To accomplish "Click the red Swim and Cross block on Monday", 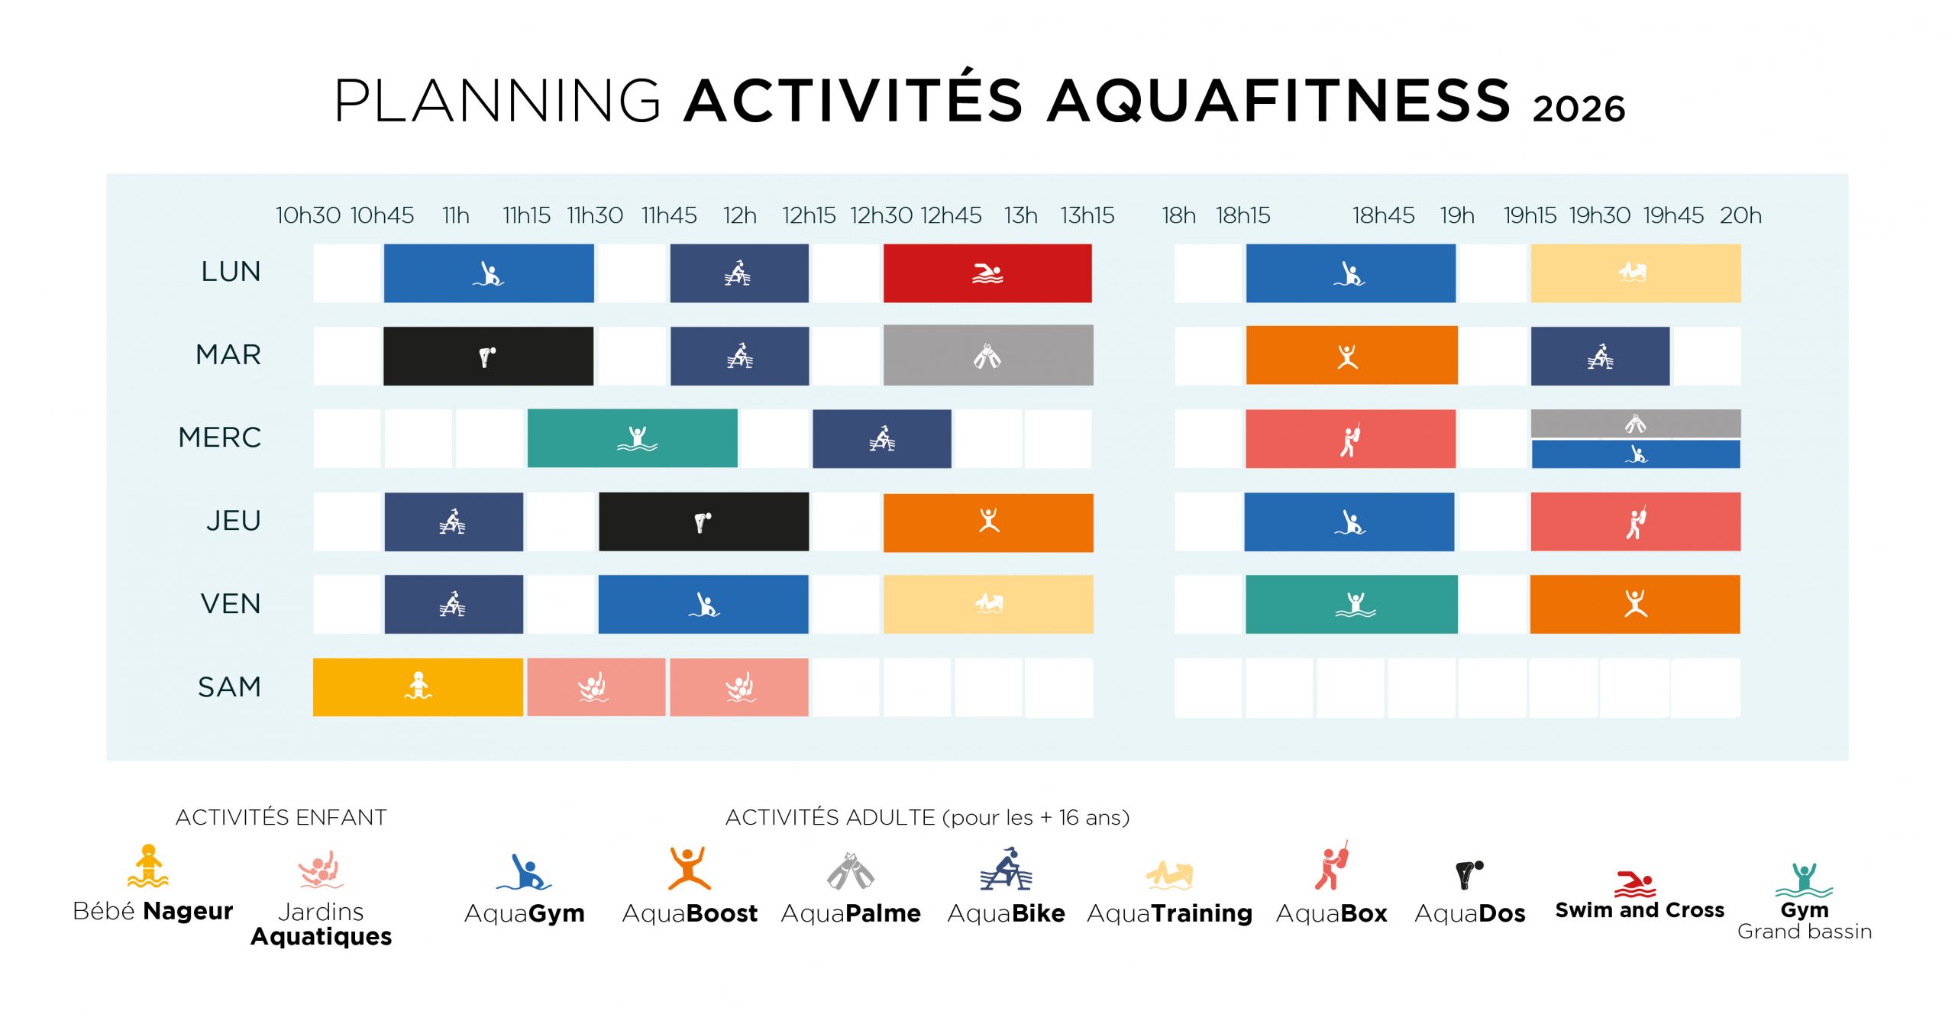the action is pos(987,273).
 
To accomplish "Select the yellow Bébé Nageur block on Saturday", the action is pos(418,687).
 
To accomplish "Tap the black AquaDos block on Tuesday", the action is pos(488,356).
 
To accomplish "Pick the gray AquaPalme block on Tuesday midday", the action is pos(988,355).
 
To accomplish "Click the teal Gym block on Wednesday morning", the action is pos(632,438).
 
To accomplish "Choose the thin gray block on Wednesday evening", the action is pos(1636,423).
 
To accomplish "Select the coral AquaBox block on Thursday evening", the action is pos(1636,522).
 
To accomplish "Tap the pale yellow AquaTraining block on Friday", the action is pos(988,604).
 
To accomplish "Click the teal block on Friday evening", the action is pos(1351,604).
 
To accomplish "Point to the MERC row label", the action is pos(220,438).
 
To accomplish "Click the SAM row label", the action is pos(229,687).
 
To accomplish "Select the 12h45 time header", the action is pos(950,215).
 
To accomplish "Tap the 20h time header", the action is pos(1740,215).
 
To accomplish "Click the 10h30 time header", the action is pos(308,215).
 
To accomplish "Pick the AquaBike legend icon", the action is pos(1006,869).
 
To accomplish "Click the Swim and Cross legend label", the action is pos(1640,910).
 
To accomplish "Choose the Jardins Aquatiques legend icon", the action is pos(321,870).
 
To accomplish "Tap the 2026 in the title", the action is pos(1579,109).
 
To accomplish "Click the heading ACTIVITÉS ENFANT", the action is pos(281,818).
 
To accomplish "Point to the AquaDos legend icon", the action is pos(1469,874).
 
